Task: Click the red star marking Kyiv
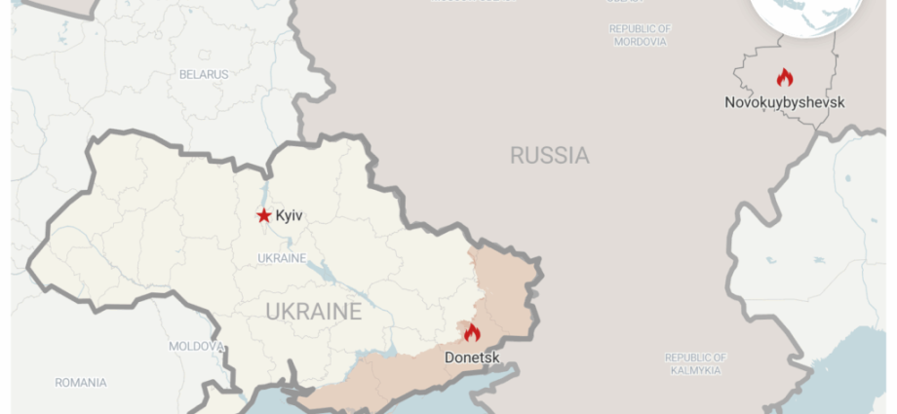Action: [x=263, y=215]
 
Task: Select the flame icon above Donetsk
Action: [x=472, y=333]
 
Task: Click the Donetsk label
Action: [x=472, y=358]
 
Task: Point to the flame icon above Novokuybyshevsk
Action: [x=784, y=77]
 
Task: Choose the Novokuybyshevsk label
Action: [x=784, y=102]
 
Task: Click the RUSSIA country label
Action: [x=549, y=155]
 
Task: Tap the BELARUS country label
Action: [x=204, y=74]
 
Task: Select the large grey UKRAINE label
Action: [x=314, y=312]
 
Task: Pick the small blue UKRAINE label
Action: [x=282, y=258]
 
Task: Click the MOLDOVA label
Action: [x=197, y=346]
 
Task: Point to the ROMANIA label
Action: [x=81, y=383]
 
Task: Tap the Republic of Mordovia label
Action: [x=640, y=35]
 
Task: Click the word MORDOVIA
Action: [x=640, y=42]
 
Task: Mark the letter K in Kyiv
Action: [x=280, y=215]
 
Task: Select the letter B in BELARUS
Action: [x=183, y=74]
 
